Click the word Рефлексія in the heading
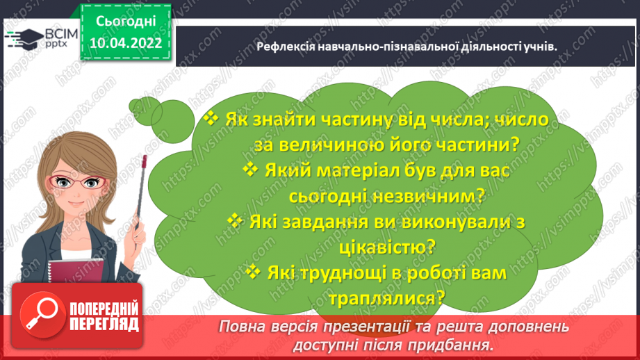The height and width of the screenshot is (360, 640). [x=284, y=47]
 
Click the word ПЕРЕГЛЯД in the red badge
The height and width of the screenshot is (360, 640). [x=103, y=324]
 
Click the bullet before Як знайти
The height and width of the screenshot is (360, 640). [x=211, y=119]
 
